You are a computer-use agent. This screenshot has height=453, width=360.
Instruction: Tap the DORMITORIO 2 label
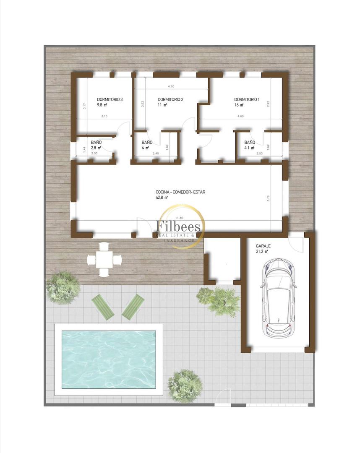point(171,99)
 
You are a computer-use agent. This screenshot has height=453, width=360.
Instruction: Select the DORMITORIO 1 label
point(247,99)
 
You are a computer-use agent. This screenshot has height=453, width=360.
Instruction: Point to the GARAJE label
point(263,246)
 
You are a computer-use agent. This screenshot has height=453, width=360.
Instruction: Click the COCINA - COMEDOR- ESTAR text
point(180,192)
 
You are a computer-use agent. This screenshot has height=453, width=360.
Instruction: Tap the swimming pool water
point(109,359)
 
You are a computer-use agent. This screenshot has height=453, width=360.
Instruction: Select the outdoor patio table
point(105,260)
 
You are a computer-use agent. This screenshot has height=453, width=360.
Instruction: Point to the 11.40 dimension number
point(180,218)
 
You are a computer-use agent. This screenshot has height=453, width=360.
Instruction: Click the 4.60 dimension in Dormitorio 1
point(240,116)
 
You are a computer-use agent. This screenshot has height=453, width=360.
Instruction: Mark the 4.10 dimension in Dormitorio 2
point(171,86)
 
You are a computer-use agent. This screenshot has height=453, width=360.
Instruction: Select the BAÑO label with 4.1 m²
point(250,142)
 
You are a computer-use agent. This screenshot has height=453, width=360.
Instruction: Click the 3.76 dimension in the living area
point(268,199)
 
